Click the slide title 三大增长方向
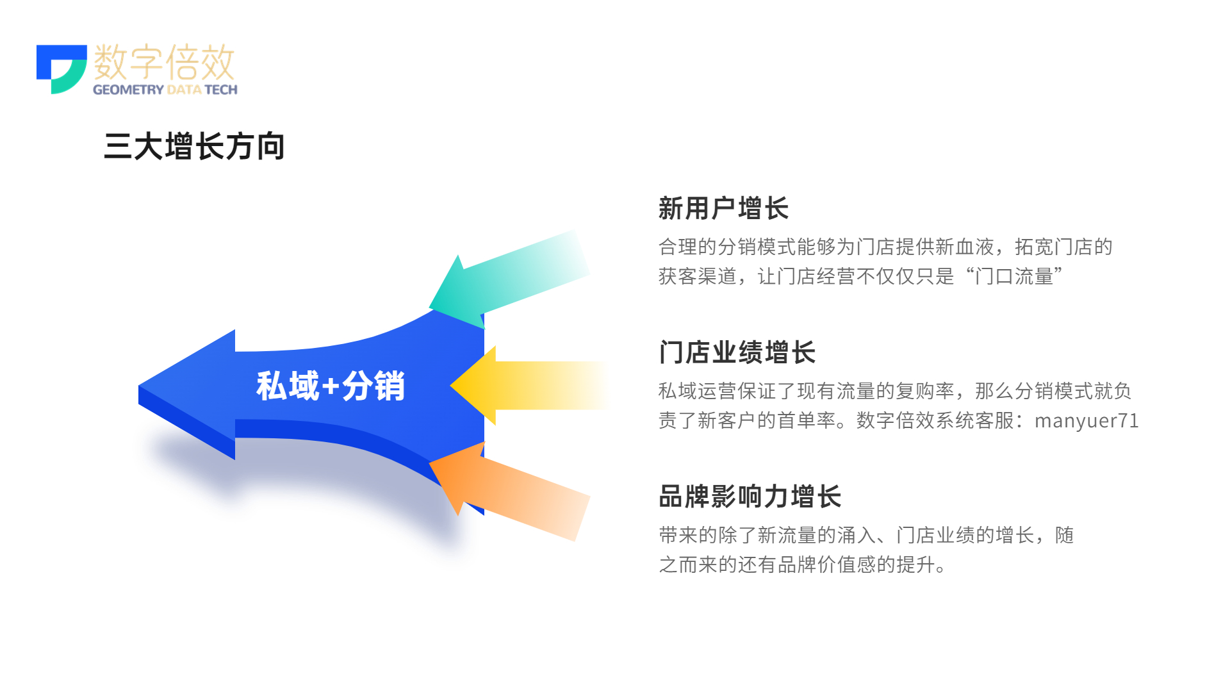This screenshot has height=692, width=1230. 194,146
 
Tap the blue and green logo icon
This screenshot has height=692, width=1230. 61,69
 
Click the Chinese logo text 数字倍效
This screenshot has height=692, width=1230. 165,62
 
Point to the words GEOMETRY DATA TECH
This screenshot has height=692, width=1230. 165,90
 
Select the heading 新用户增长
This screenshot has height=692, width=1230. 723,208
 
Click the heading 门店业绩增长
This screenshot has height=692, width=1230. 737,352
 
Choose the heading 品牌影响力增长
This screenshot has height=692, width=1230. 750,497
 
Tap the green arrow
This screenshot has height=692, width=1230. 509,279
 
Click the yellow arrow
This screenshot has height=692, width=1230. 529,386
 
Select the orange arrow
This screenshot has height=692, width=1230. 509,491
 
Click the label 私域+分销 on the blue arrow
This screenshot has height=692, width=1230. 331,386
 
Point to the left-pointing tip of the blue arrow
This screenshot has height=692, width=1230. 139,386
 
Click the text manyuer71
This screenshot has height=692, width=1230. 1086,420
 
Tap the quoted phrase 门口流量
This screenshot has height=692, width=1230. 1014,276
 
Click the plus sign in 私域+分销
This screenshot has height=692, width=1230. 331,386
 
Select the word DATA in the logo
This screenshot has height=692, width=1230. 184,90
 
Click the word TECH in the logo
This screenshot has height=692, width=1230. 221,90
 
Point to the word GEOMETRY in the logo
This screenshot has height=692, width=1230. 128,90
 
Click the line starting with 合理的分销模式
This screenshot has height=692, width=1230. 885,247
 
